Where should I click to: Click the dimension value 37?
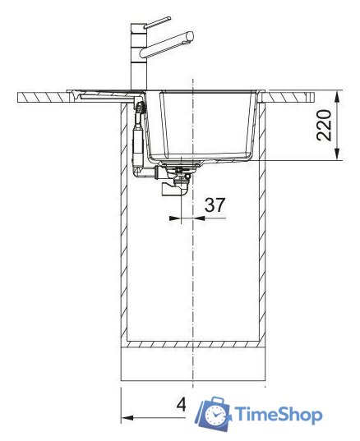click(x=215, y=204)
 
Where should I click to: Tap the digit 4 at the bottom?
click(x=182, y=406)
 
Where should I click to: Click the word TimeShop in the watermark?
click(x=278, y=415)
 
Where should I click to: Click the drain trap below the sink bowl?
click(x=175, y=186)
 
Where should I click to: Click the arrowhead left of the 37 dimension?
click(x=172, y=219)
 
